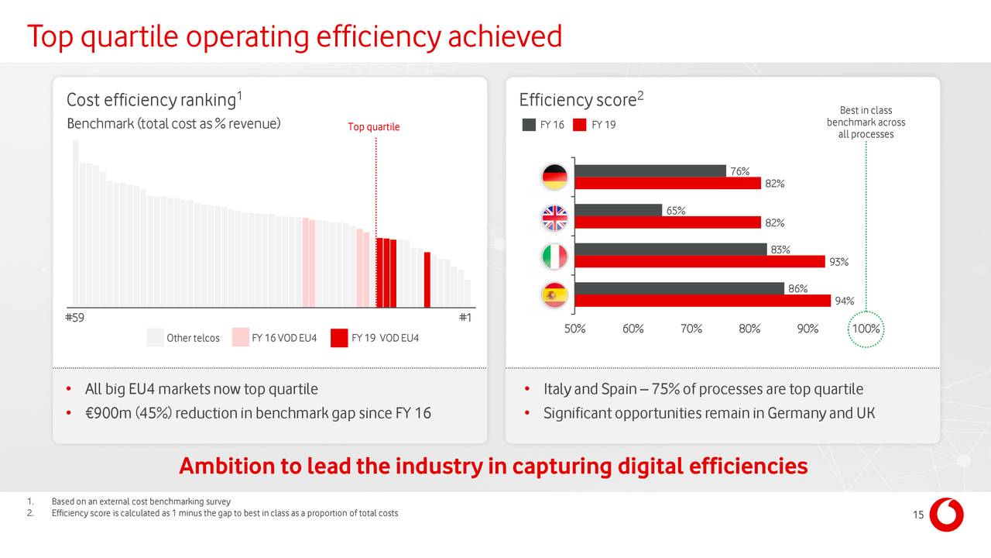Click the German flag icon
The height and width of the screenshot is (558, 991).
[555, 177]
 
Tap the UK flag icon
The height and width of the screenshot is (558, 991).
[555, 217]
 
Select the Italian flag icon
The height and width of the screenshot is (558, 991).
[555, 257]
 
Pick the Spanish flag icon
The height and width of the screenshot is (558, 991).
[555, 295]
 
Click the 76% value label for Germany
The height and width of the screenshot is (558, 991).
[739, 171]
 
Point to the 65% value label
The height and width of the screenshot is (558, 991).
[676, 211]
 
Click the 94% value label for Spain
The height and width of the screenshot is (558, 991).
[844, 301]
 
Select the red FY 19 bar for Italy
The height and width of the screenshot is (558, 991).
[699, 262]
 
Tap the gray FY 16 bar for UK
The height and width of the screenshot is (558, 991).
[618, 210]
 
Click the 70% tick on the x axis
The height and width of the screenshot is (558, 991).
[691, 329]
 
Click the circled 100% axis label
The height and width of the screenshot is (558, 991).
[866, 329]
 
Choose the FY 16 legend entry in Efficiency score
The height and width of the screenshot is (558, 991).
[544, 126]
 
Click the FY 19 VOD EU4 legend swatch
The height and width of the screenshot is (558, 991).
[338, 338]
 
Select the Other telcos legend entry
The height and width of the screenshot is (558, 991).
[183, 338]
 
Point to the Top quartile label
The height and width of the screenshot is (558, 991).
[374, 127]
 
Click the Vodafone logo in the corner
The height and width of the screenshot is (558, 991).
[946, 515]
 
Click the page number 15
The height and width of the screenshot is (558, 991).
[917, 518]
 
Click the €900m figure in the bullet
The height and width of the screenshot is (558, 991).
[108, 413]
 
